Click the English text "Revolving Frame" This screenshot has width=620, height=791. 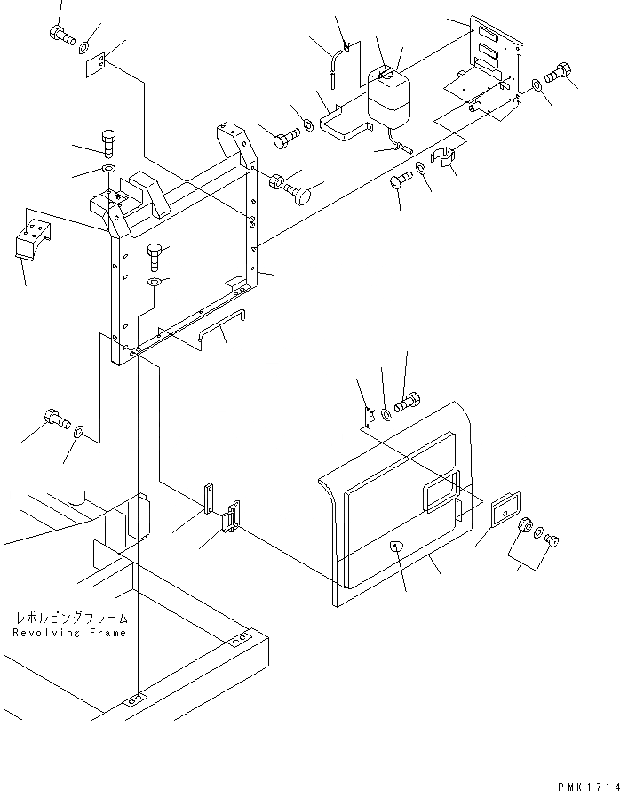point(70,633)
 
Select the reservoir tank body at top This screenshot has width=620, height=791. point(389,100)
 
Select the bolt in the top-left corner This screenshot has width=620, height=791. point(60,36)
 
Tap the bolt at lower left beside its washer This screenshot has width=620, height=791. point(55,418)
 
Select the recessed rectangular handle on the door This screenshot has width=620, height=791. point(441,492)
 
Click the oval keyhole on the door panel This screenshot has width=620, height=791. point(396,546)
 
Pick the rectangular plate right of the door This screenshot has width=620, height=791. point(505,511)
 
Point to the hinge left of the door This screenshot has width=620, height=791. point(233,518)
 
